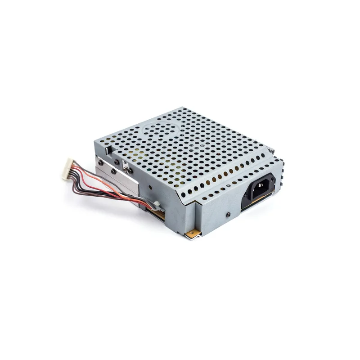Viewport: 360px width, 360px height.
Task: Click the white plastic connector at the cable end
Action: [68, 169]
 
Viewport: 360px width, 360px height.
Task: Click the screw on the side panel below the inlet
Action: [229, 215]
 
